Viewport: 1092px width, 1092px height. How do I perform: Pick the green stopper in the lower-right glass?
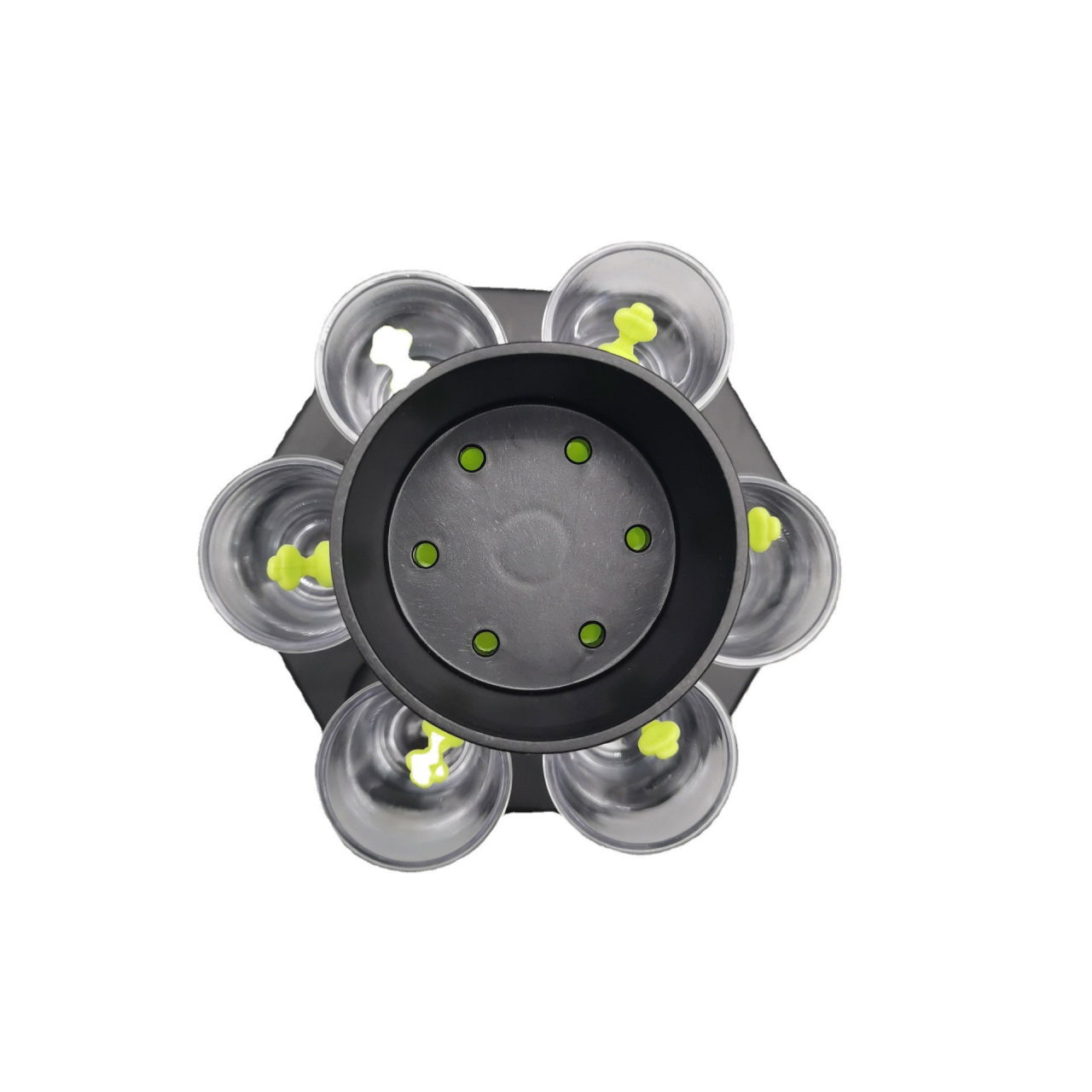click(658, 735)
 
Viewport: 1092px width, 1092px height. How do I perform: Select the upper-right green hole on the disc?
click(578, 449)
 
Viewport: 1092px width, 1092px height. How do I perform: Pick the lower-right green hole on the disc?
click(591, 633)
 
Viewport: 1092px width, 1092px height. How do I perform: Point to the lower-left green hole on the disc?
click(485, 642)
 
